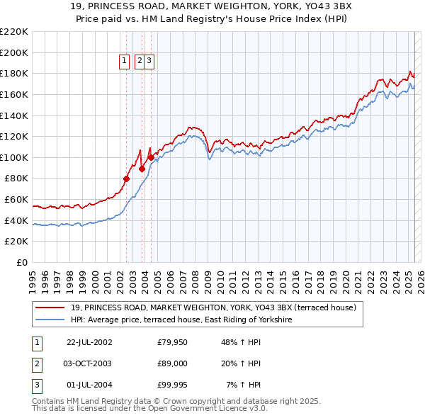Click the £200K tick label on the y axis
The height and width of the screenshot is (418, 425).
coord(14,52)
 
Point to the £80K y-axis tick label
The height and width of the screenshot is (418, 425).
coord(16,179)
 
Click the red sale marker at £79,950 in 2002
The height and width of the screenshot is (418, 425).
coord(127,179)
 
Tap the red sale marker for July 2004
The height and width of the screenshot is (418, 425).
coord(151,157)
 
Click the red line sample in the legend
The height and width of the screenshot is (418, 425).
coord(50,307)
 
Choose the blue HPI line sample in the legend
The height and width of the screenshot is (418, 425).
coord(50,320)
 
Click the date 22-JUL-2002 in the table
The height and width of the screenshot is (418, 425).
coord(89,343)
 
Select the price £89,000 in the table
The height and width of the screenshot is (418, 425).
coord(173,363)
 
